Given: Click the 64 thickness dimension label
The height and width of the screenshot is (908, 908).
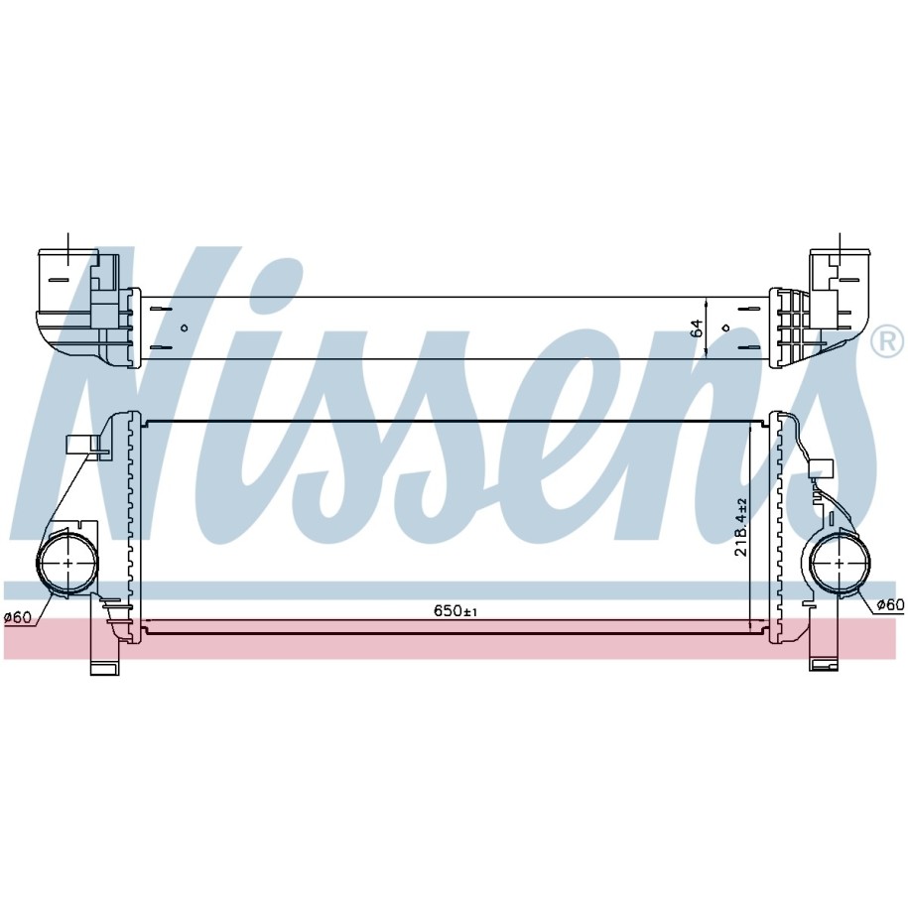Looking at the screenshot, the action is point(698,327).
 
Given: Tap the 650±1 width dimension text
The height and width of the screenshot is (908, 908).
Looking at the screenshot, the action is point(455,610).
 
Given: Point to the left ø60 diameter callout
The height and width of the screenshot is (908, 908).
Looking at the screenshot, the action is point(18,617).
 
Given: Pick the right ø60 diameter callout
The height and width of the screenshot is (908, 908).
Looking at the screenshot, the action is point(890,604).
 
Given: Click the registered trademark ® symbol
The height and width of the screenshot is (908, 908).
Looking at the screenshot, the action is point(887,341).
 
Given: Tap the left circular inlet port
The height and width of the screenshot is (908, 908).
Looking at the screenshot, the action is point(67,563).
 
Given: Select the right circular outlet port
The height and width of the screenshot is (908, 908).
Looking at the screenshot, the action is point(840,563).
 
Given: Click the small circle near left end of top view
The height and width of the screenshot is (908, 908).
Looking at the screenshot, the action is point(185,327).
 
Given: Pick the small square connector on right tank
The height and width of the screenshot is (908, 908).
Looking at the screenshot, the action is point(821,467).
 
